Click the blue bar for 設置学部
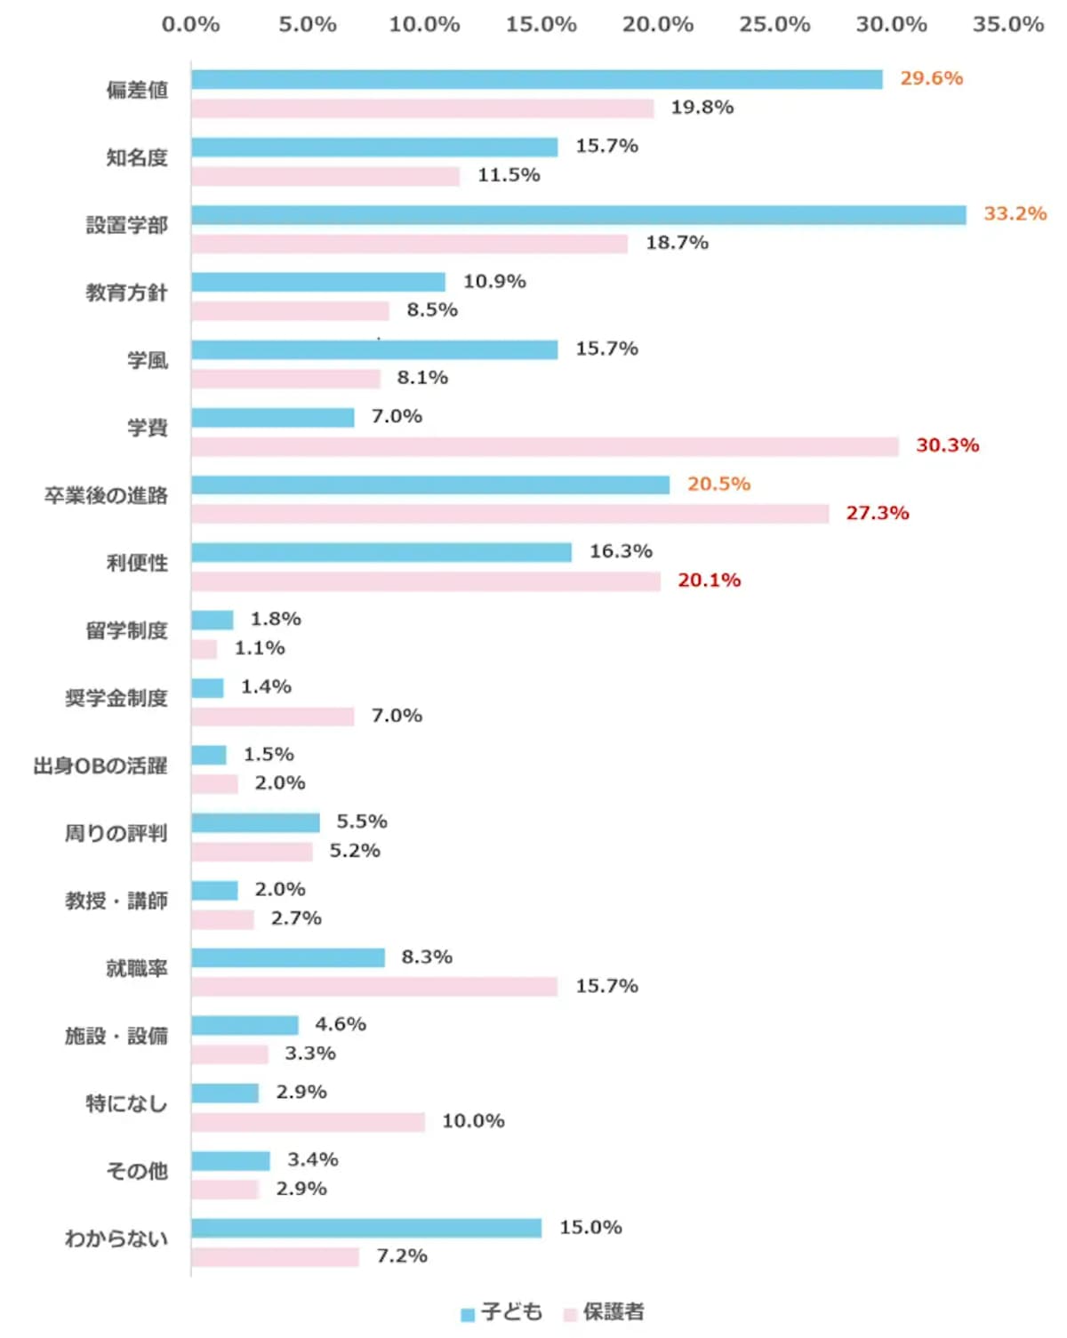click(578, 215)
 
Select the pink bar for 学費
click(544, 446)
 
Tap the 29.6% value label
click(931, 78)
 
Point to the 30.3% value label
click(947, 445)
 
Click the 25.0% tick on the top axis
click(774, 25)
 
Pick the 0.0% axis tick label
click(190, 25)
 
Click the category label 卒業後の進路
click(106, 495)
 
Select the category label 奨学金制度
click(116, 698)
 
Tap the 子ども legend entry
click(501, 1312)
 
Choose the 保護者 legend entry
click(605, 1312)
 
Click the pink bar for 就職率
click(373, 987)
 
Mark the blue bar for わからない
click(366, 1228)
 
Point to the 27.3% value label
click(877, 513)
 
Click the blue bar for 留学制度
click(212, 620)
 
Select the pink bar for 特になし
click(308, 1122)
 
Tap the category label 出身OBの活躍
click(100, 765)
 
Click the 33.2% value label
click(1015, 214)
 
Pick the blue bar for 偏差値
click(536, 80)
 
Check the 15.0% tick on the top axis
click(541, 25)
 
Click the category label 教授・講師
click(116, 901)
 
